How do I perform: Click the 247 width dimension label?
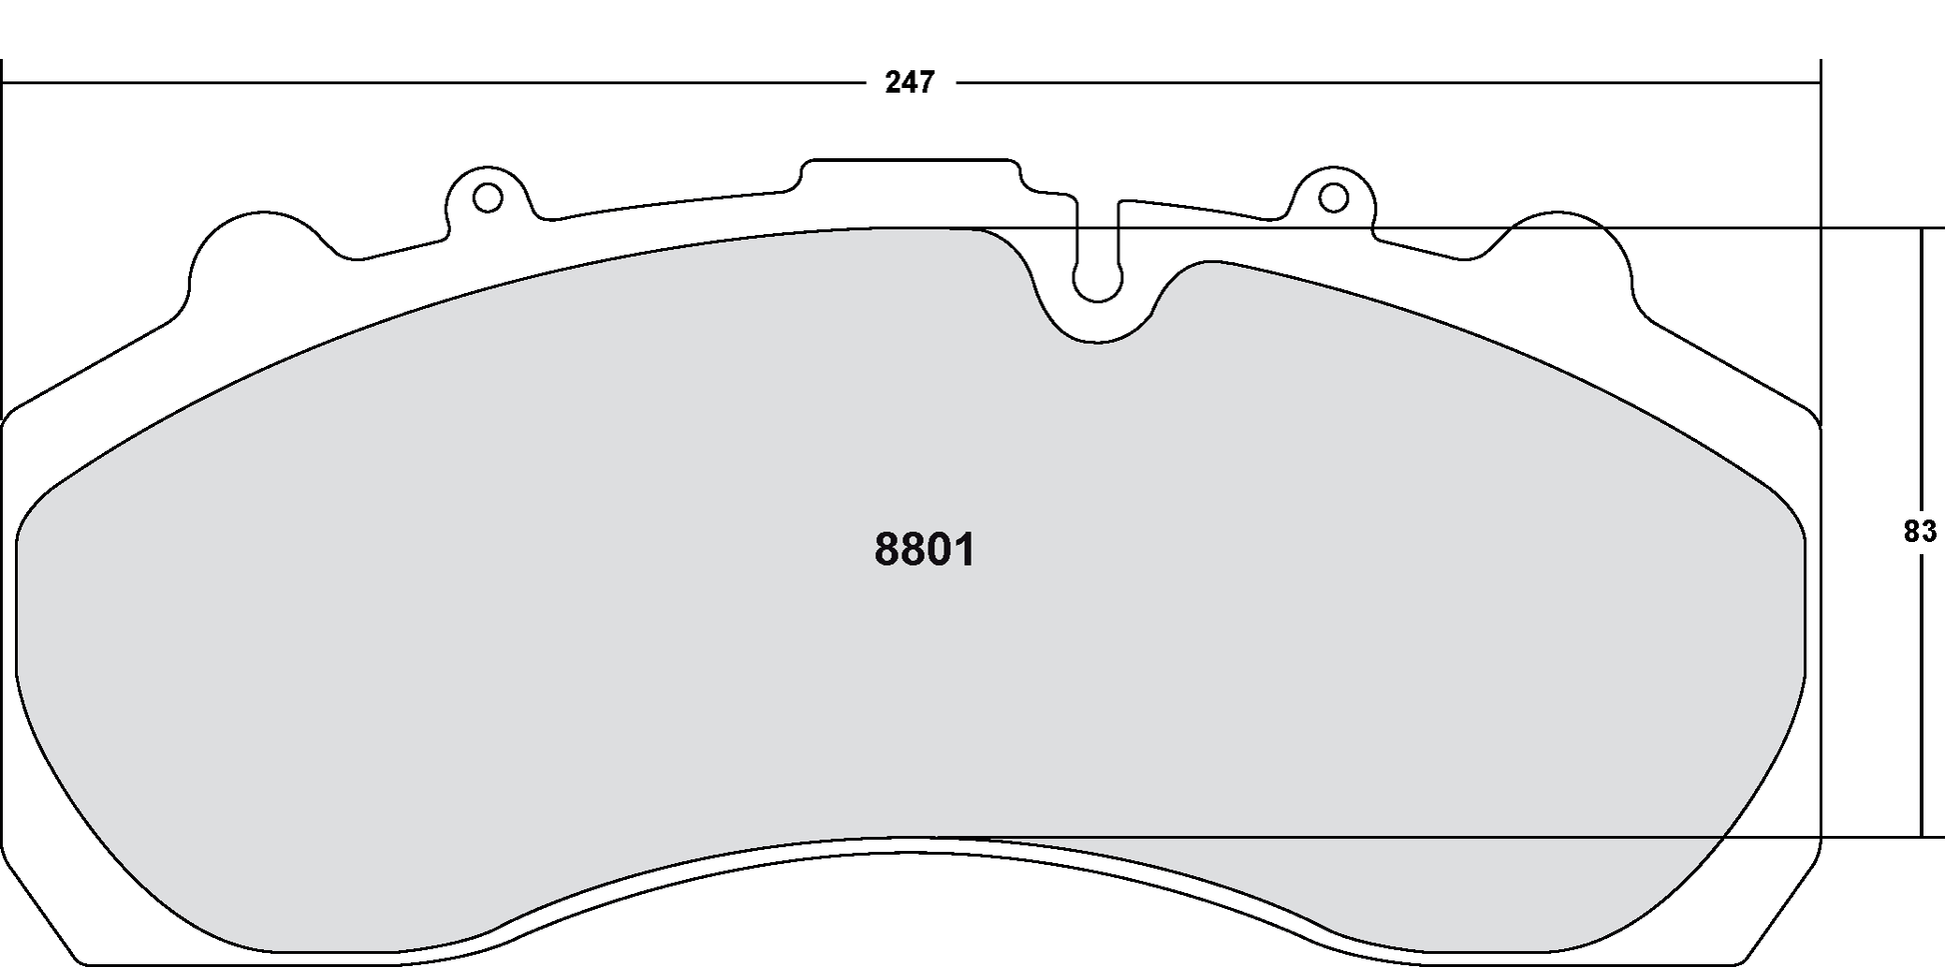point(910,83)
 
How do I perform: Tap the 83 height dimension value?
point(1920,533)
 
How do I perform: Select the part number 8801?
point(925,550)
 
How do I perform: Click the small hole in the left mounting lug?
point(487,198)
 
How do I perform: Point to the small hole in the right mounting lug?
point(1333,198)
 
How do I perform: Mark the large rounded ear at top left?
point(262,245)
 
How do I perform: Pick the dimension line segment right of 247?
point(1389,83)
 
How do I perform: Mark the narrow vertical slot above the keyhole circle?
point(1097,230)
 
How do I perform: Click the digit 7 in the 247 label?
point(926,83)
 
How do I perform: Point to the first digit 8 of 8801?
point(887,550)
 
